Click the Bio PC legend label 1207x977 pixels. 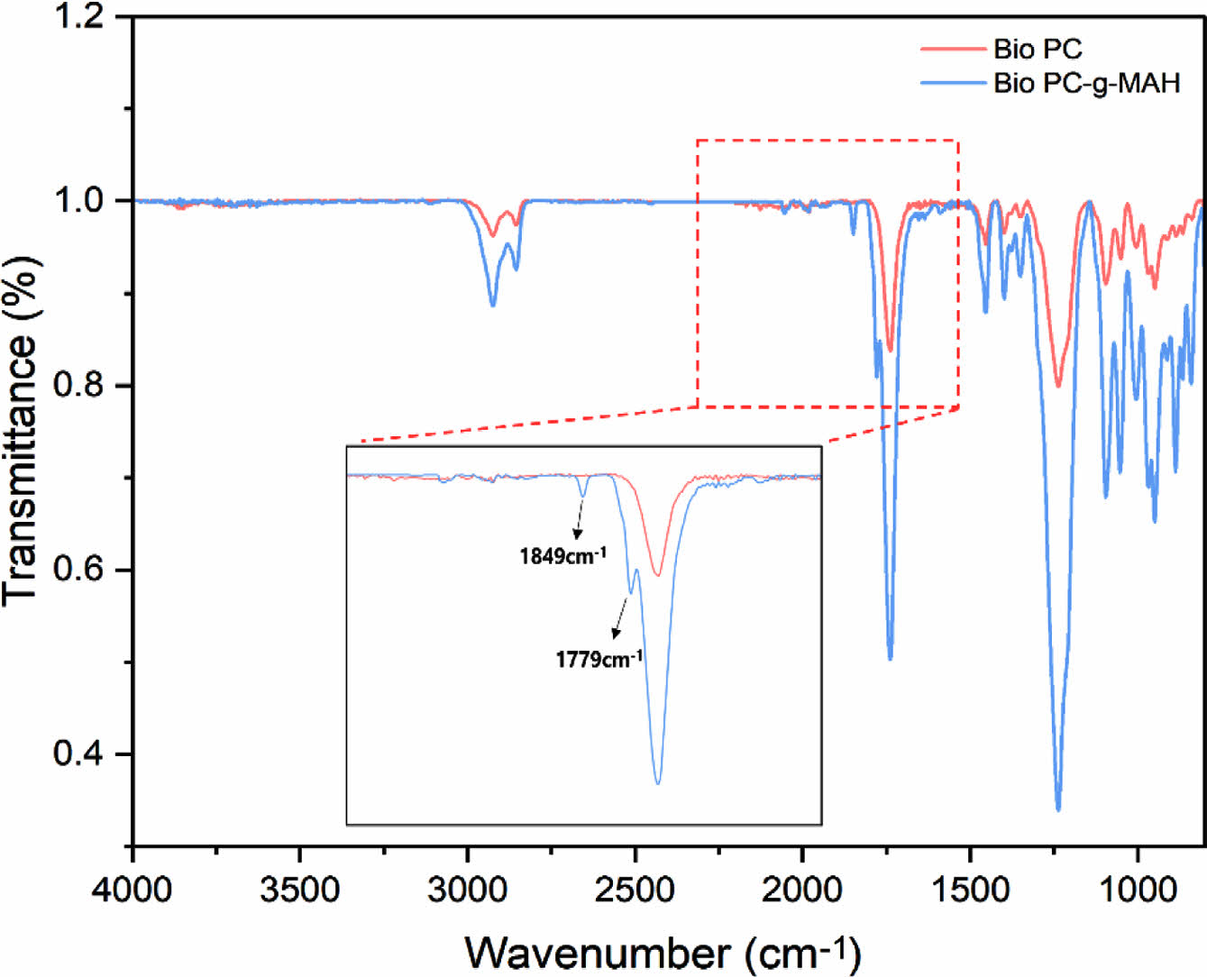(1038, 49)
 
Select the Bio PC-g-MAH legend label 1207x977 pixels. (1086, 83)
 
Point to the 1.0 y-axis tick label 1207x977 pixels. (79, 200)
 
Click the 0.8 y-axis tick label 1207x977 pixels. (79, 385)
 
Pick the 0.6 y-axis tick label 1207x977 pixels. (79, 570)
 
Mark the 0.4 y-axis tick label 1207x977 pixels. (79, 753)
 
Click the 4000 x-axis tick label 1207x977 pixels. (133, 890)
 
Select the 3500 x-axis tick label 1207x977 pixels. (300, 890)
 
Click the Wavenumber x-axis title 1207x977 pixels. (663, 952)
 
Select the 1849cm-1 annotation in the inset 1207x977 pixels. (562, 555)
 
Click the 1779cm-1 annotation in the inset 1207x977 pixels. (599, 659)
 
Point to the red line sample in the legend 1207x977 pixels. (953, 49)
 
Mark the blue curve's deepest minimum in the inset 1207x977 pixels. (658, 783)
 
